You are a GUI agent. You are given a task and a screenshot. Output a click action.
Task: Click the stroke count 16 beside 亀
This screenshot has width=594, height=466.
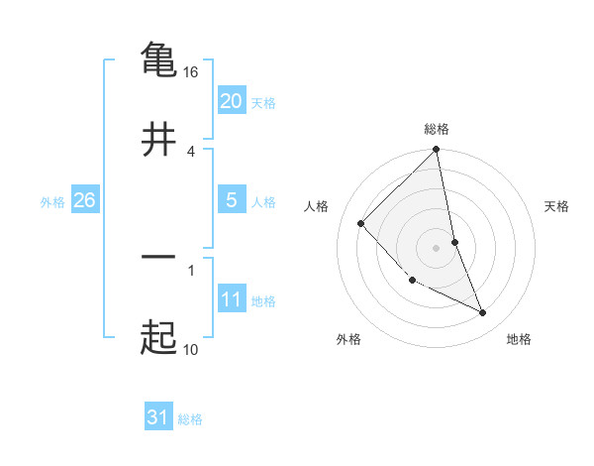tap(192, 73)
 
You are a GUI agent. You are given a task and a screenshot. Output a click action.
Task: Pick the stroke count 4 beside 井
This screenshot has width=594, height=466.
tap(191, 151)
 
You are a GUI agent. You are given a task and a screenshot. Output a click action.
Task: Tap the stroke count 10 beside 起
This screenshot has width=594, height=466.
tap(191, 349)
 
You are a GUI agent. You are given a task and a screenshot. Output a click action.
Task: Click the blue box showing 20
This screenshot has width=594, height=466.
tap(231, 101)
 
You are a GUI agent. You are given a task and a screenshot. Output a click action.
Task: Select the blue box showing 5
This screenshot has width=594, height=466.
tap(231, 200)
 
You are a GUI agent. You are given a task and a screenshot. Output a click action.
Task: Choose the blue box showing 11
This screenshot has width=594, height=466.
tap(231, 299)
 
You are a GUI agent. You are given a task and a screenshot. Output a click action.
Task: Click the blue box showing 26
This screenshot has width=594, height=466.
tap(84, 200)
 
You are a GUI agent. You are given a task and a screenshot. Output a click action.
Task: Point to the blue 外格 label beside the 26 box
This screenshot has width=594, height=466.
tap(52, 202)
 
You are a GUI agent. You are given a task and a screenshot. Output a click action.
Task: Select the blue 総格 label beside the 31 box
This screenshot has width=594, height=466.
tap(190, 419)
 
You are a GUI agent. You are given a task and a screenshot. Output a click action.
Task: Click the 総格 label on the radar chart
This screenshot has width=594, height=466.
tap(437, 129)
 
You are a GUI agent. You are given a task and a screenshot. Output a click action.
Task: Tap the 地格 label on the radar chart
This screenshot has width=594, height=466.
tap(519, 339)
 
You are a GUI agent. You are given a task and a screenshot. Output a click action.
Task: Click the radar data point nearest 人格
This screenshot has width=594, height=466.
tap(361, 223)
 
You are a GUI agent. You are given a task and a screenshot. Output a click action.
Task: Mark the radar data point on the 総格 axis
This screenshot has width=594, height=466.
tap(437, 151)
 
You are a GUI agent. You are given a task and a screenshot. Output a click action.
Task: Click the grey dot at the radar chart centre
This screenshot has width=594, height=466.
tap(437, 248)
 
